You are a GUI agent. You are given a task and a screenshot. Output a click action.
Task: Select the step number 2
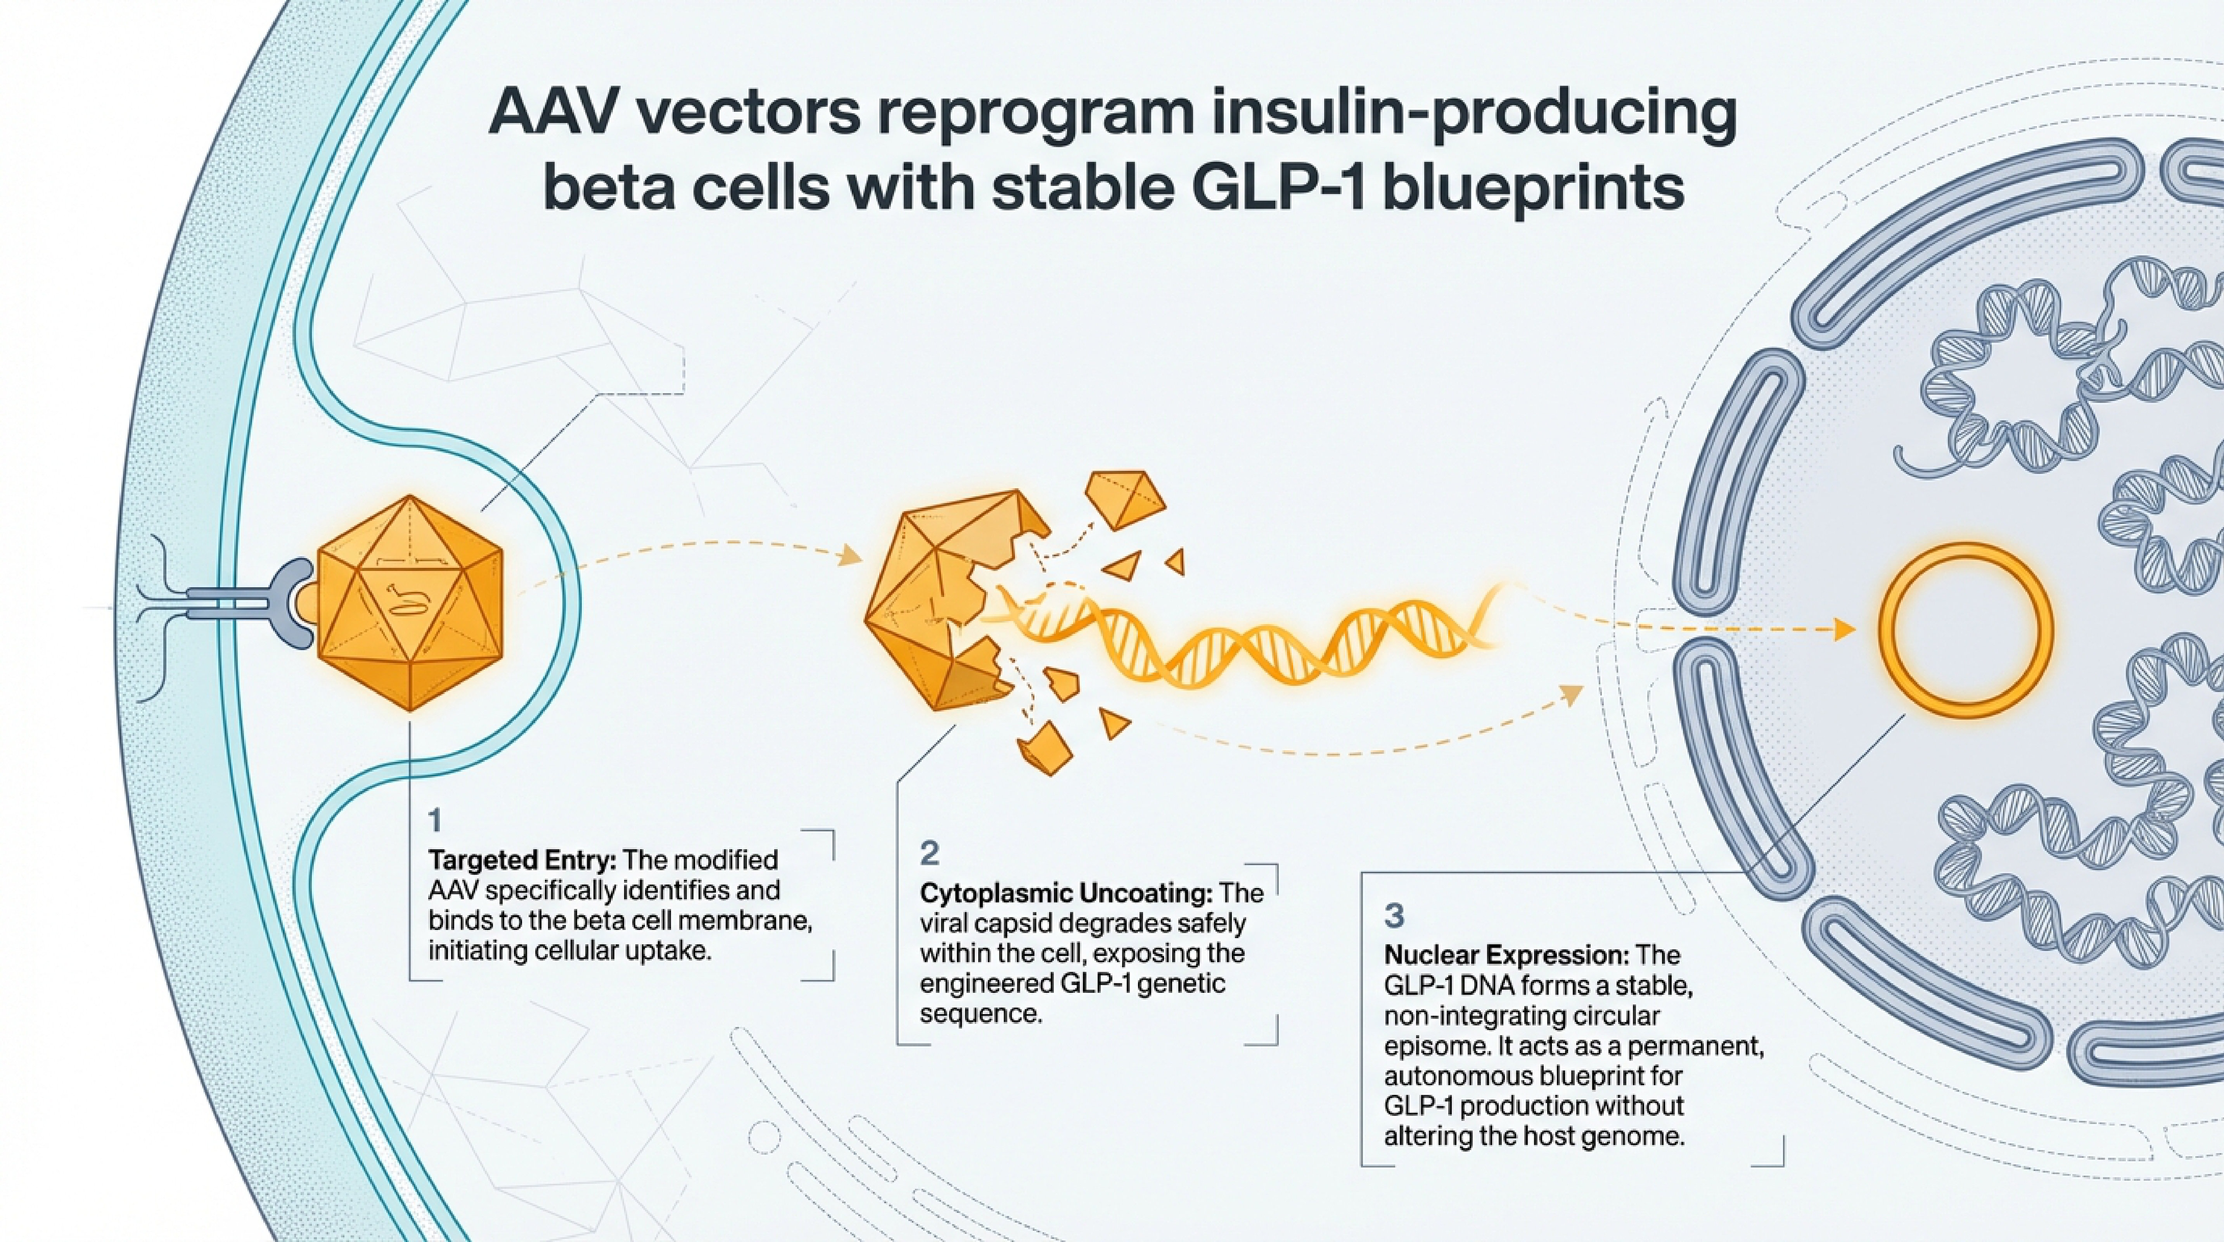coord(929,853)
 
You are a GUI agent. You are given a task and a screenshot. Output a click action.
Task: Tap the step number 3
coord(1394,916)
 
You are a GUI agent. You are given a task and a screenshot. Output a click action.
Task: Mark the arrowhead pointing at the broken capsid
coord(851,555)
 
